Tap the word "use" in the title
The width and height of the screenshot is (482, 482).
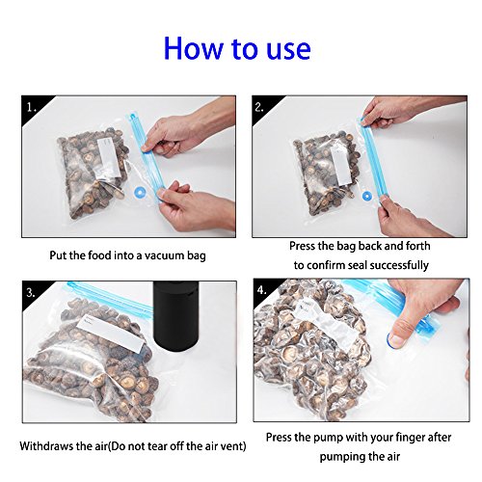[288, 51]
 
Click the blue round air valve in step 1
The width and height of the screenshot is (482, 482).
[140, 193]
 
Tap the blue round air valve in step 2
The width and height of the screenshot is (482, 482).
[367, 196]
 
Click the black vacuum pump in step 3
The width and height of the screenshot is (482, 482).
[176, 316]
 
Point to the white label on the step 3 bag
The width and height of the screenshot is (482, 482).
[110, 334]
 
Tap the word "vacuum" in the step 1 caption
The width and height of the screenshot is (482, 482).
[165, 255]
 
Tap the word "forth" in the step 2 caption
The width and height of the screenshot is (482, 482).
[418, 246]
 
